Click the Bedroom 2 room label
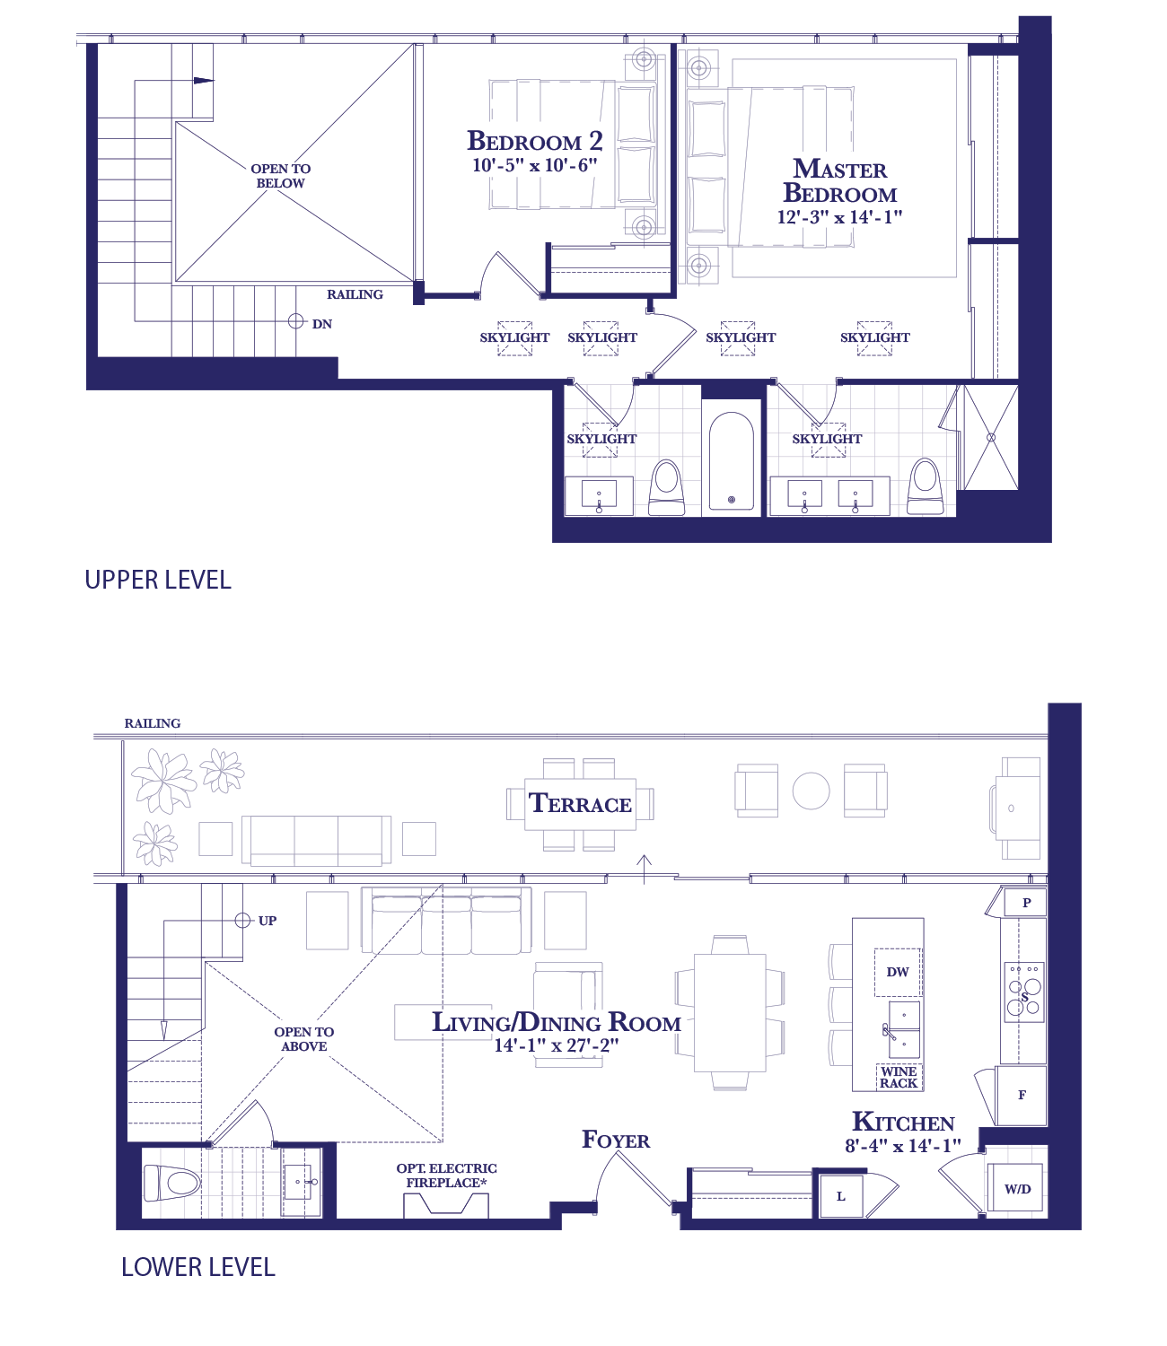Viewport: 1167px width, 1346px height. pos(534,141)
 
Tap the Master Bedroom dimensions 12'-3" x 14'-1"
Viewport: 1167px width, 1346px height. pos(839,217)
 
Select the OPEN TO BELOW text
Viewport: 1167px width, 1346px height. pos(280,176)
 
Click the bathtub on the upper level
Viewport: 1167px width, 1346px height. pos(731,461)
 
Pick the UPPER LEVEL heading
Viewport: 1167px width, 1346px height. pos(158,580)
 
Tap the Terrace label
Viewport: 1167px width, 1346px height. pos(579,804)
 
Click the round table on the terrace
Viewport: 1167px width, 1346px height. pos(811,791)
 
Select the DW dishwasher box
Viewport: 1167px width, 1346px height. pos(897,972)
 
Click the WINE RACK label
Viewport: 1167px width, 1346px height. pos(899,1077)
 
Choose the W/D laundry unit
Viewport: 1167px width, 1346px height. pos(1017,1188)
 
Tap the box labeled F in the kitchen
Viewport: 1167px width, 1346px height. pos(1021,1096)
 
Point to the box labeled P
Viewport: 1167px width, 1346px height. pos(1025,903)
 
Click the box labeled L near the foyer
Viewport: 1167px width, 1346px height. pos(840,1195)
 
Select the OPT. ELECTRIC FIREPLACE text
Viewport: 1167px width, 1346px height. pos(446,1176)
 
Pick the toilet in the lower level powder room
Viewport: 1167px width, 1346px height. pos(171,1183)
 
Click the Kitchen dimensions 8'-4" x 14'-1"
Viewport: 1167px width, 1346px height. pos(902,1145)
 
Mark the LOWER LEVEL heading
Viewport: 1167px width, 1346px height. pos(198,1267)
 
